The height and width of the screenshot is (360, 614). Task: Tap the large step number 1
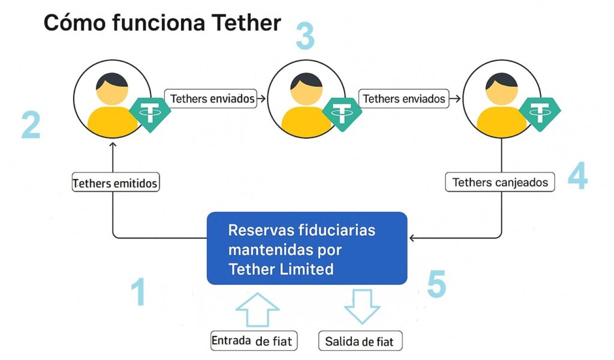(139, 292)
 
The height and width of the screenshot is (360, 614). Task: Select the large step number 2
(31, 125)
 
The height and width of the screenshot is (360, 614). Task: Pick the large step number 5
(437, 284)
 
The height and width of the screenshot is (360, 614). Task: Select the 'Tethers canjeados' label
(500, 182)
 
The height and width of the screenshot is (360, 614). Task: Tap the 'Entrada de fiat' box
(252, 341)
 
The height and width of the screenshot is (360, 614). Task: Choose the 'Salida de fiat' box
(360, 341)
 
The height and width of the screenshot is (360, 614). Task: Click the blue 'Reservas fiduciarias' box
(307, 248)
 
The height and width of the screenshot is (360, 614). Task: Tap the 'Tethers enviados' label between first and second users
(212, 98)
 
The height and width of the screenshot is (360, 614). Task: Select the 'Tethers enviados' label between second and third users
(405, 98)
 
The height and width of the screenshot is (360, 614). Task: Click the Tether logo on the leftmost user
(146, 112)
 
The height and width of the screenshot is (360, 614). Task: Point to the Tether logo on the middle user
(342, 112)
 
